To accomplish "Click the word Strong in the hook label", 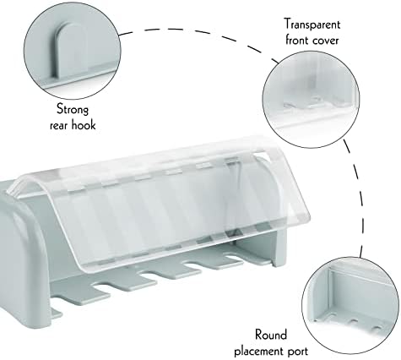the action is pos(73,109).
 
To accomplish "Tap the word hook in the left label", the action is pos(84,124).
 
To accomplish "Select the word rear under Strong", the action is pos(59,125).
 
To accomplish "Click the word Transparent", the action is pos(312,25).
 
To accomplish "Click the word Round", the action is pos(271,335).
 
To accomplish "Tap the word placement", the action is pos(263,352).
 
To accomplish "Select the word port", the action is pos(301,352).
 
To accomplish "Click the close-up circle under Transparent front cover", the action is pos(311,100).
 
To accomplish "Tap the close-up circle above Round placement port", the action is pos(350,306).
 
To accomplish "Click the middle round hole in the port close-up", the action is pos(353,320).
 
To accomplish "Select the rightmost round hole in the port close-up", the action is pos(377,328).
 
